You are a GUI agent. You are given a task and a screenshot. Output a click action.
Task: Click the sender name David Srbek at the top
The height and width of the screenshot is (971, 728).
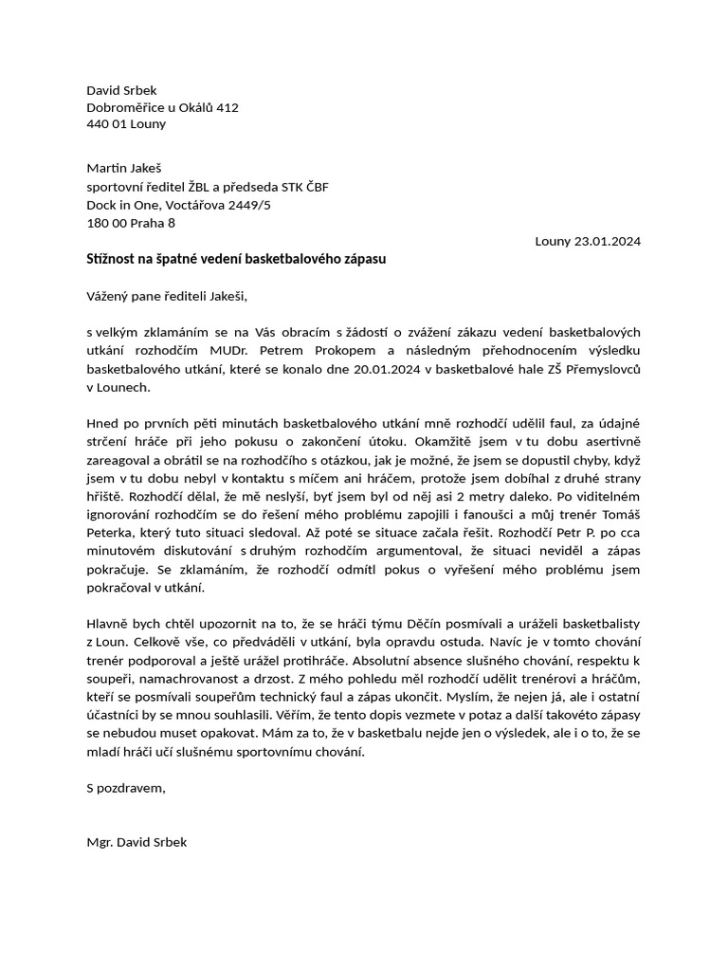click(121, 90)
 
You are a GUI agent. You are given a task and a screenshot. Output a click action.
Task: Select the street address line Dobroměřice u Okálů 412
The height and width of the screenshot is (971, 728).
click(162, 107)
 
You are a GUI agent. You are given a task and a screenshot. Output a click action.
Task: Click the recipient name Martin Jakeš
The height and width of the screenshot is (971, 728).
click(124, 168)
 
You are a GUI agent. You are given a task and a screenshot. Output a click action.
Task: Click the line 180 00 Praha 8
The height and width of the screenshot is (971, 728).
click(130, 223)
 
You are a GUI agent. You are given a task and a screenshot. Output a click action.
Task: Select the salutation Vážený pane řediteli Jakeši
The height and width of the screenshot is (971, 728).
click(166, 295)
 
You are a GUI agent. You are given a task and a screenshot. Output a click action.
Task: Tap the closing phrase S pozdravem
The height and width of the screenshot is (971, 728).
click(126, 787)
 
